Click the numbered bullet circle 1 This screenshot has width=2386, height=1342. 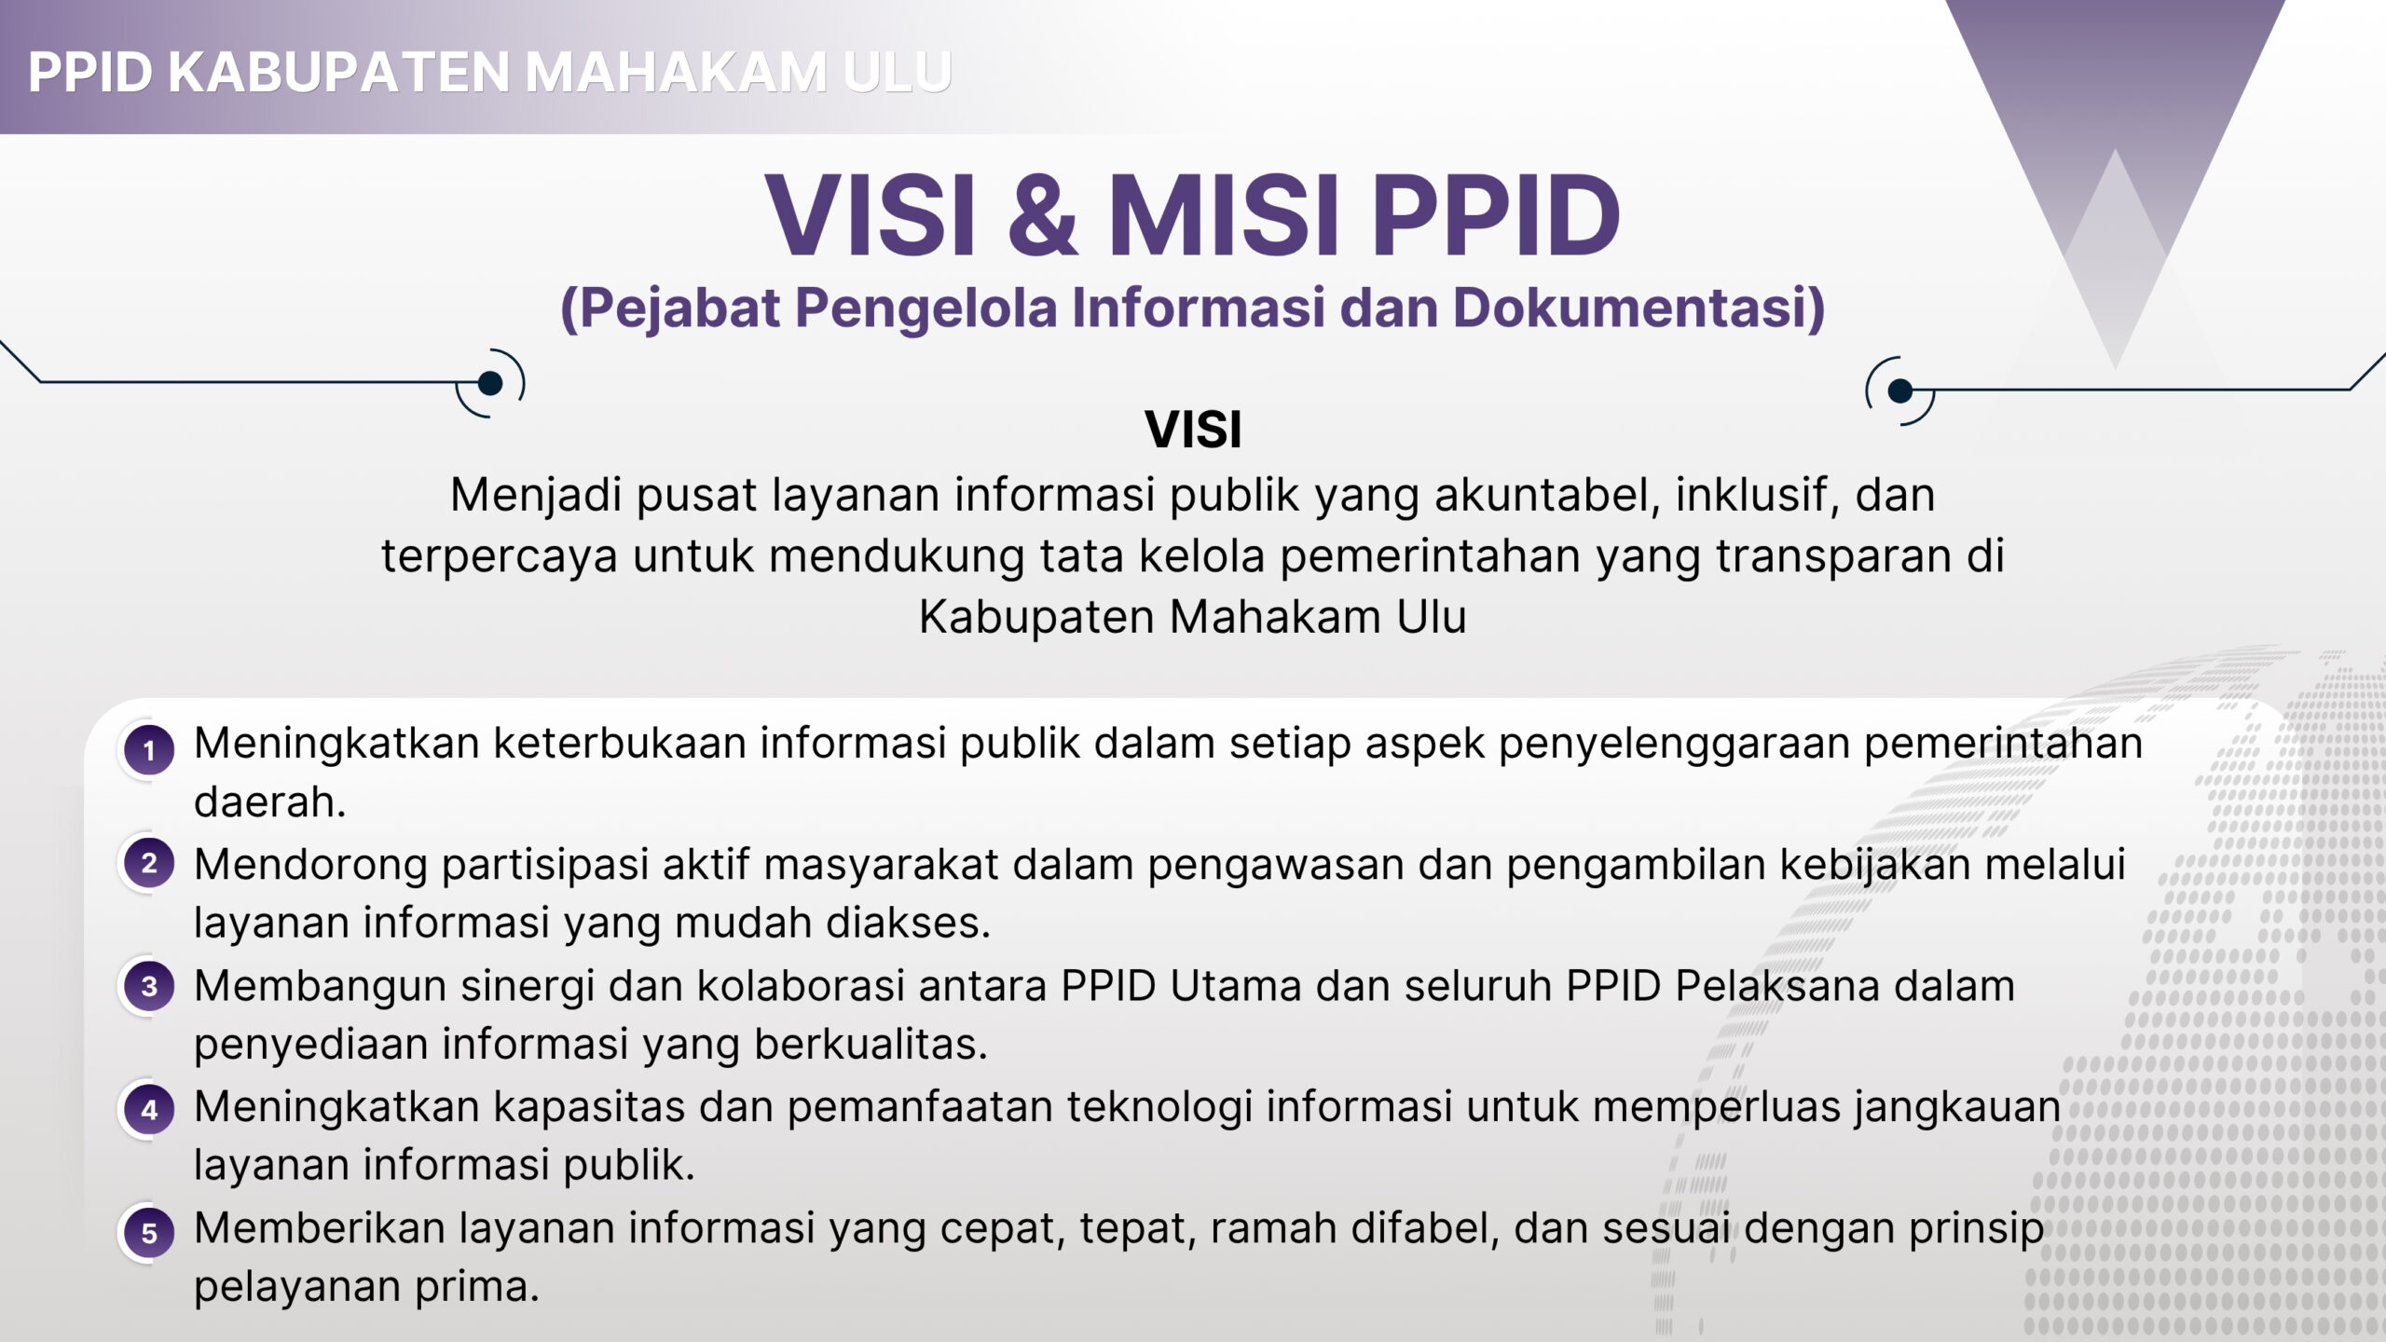(148, 750)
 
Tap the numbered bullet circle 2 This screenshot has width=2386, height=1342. (148, 864)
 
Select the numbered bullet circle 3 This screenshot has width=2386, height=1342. (148, 986)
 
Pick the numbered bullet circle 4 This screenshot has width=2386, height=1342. (148, 1110)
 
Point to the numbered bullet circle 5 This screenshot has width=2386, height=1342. (148, 1233)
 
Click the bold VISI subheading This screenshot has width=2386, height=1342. (1193, 430)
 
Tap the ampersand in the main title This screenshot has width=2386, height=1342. (1043, 214)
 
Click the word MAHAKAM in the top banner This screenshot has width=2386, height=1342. (676, 72)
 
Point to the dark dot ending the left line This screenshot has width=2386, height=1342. (490, 383)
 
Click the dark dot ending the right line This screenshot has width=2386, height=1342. (1899, 390)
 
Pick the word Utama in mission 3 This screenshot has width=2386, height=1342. (1236, 986)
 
